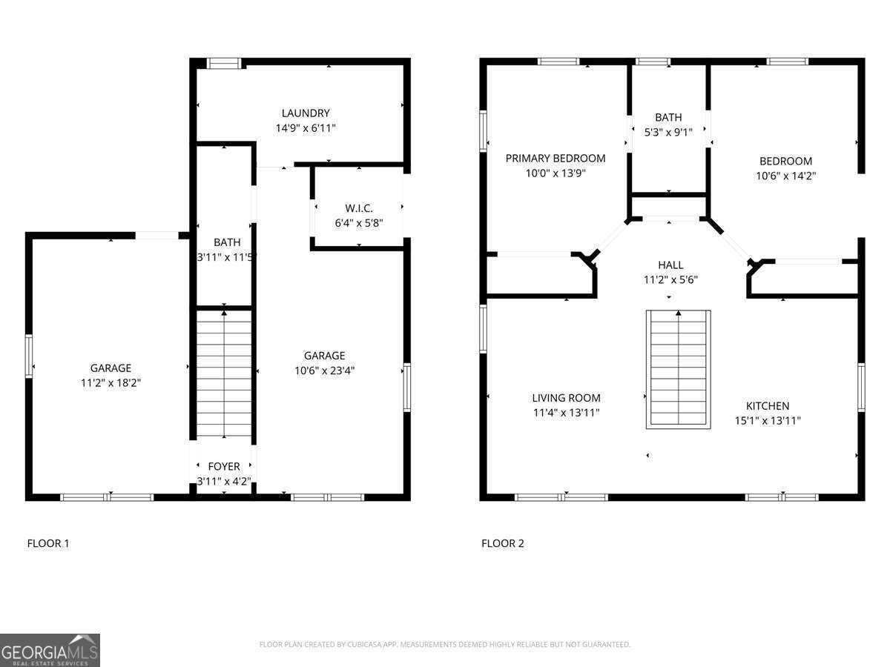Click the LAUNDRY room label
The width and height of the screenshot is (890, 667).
click(x=305, y=113)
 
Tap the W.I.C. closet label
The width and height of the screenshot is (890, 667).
click(x=358, y=208)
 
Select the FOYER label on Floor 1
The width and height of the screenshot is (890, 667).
click(x=223, y=466)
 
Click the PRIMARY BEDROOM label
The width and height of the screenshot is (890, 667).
click(x=555, y=159)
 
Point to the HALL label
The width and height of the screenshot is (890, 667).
click(x=670, y=265)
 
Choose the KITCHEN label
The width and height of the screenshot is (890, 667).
click(x=767, y=406)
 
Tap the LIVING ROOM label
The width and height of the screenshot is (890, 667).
click(x=566, y=398)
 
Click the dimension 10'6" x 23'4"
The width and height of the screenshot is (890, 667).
click(x=324, y=371)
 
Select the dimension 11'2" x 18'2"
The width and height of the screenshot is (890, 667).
click(x=111, y=383)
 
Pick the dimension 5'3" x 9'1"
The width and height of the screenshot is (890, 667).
click(x=668, y=132)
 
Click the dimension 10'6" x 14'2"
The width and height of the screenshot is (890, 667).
click(x=785, y=176)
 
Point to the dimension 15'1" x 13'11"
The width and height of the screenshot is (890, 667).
click(x=767, y=420)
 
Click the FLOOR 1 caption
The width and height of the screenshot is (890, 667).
click(x=48, y=543)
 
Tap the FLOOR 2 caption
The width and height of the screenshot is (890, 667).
click(x=502, y=543)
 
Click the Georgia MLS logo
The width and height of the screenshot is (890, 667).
click(x=50, y=650)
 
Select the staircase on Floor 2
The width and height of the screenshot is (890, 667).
click(x=678, y=368)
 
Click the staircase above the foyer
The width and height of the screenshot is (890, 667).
click(x=224, y=374)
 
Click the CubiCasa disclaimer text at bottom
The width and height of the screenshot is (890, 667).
click(x=444, y=645)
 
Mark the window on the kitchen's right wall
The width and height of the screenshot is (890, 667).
click(x=861, y=386)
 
